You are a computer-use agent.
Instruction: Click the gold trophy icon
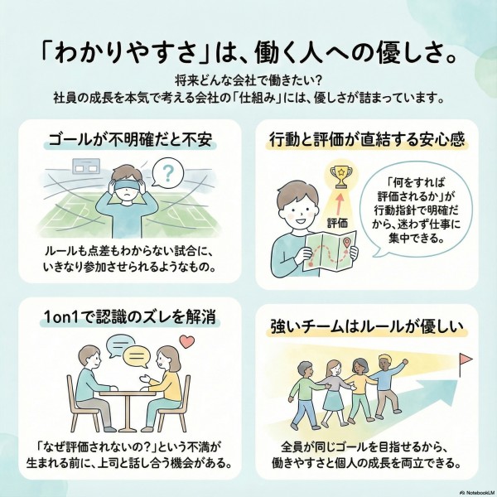(x=340, y=177)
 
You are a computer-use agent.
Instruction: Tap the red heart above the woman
(x=186, y=341)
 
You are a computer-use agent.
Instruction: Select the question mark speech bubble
(x=167, y=173)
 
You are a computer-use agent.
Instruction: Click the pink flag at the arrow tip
(x=466, y=359)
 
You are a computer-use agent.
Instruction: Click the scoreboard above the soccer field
(x=86, y=166)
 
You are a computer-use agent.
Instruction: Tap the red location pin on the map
(x=347, y=244)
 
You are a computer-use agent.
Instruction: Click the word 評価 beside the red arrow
(x=337, y=223)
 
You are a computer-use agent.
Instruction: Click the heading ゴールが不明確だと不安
(x=130, y=139)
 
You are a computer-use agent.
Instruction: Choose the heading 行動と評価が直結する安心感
(x=367, y=139)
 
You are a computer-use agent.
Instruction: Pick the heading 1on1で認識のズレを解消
(x=130, y=317)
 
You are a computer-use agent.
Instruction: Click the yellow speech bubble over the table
(x=137, y=357)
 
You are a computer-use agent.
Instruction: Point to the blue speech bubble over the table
(x=119, y=345)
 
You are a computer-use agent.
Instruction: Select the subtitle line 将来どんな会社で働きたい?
(x=248, y=81)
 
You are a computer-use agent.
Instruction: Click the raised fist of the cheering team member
(x=404, y=361)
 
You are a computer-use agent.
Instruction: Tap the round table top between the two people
(x=128, y=393)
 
